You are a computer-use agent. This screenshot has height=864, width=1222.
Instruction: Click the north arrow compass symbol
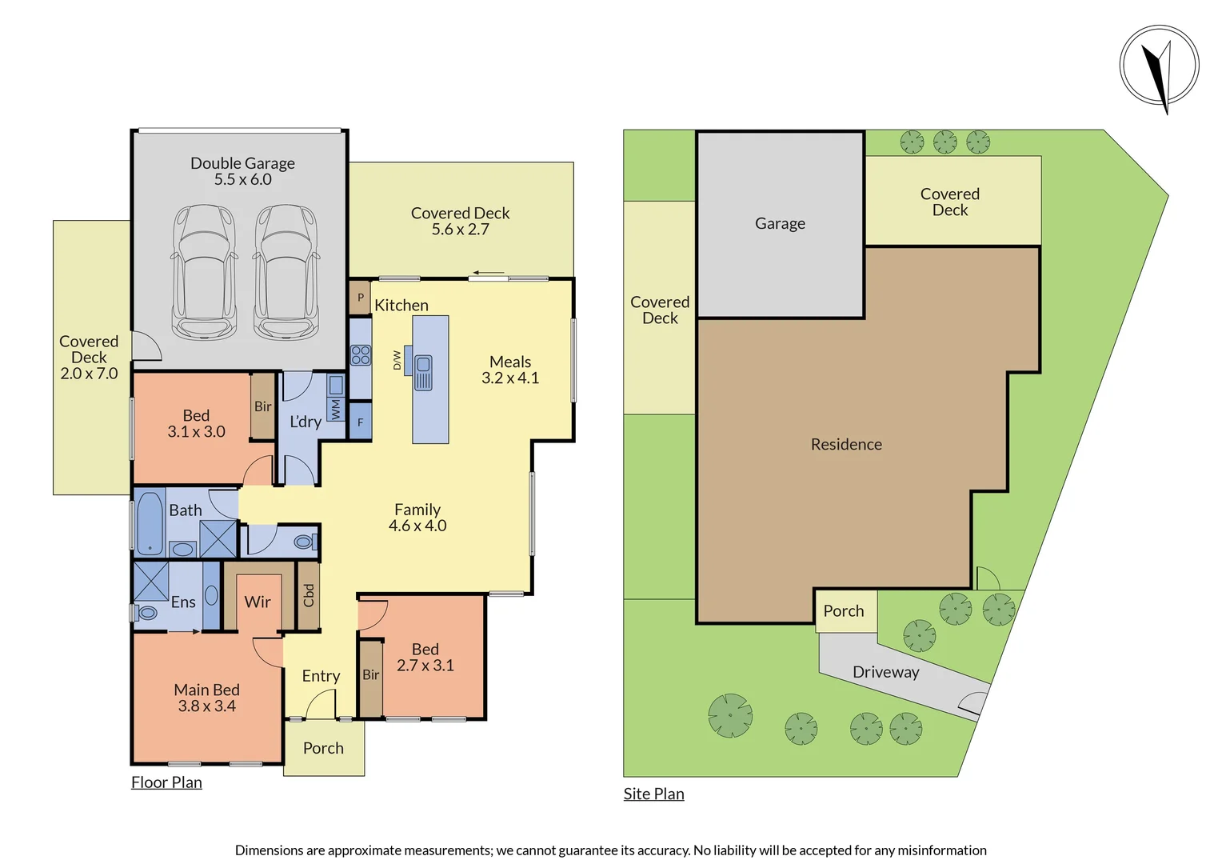click(x=1159, y=66)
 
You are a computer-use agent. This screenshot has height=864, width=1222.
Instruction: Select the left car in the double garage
click(x=204, y=272)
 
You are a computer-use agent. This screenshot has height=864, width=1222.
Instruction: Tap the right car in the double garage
click(x=286, y=272)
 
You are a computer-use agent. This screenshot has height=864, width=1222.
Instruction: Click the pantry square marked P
click(x=360, y=298)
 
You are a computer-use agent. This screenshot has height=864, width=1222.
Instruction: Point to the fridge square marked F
click(x=361, y=422)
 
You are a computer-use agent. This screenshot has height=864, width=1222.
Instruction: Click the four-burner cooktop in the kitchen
click(x=361, y=355)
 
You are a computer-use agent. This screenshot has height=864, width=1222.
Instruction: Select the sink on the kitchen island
click(x=423, y=373)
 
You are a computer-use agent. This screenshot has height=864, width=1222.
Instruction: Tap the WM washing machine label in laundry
click(x=336, y=410)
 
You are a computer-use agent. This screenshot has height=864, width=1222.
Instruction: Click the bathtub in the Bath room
click(x=150, y=523)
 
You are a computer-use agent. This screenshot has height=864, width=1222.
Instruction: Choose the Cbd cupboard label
click(x=309, y=595)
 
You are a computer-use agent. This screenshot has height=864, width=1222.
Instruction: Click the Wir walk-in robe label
click(x=258, y=602)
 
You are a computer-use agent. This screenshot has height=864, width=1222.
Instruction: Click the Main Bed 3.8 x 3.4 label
click(x=206, y=698)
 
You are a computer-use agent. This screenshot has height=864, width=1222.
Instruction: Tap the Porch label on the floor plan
click(x=323, y=748)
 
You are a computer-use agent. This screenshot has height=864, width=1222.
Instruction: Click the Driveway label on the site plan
click(x=885, y=672)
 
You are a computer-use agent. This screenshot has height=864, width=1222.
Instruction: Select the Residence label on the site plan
click(x=846, y=444)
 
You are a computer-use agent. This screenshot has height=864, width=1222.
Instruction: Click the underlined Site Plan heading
click(x=653, y=794)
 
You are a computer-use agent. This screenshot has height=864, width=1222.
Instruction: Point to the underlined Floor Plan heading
click(x=166, y=782)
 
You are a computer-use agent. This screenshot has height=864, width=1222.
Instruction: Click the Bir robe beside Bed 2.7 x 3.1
click(x=370, y=675)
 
